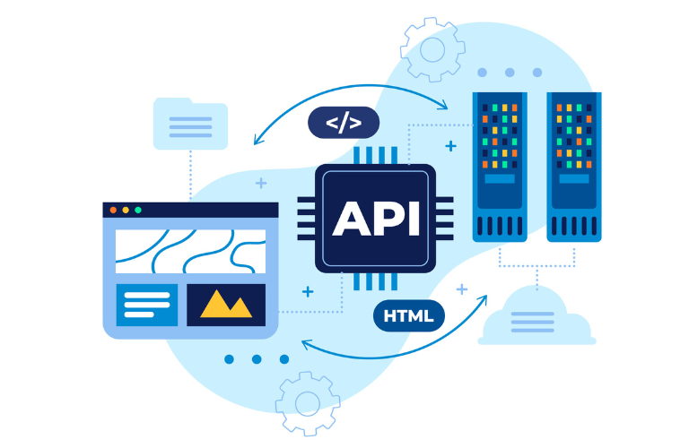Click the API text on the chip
(x=375, y=218)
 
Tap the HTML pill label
(x=408, y=315)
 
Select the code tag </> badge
(x=343, y=123)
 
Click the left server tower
(x=501, y=166)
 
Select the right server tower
(x=574, y=166)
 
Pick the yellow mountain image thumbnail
(x=226, y=305)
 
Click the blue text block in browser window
(x=147, y=305)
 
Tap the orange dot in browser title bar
(x=113, y=211)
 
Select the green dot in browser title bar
(x=138, y=211)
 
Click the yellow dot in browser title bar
(x=126, y=211)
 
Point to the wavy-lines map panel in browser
(x=190, y=251)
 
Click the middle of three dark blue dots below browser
(x=257, y=359)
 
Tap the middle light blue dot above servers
(x=510, y=72)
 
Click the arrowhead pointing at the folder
(x=257, y=140)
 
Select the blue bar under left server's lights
(x=501, y=179)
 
